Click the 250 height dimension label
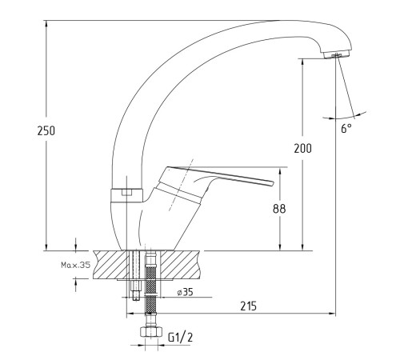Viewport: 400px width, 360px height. [x=46, y=130]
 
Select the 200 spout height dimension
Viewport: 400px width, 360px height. [x=302, y=148]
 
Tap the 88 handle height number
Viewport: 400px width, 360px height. [x=279, y=209]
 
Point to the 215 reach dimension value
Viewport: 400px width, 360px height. [x=249, y=306]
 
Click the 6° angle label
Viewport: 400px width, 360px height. [x=346, y=129]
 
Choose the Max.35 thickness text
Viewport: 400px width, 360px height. [x=76, y=265]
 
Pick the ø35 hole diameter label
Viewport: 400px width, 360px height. [x=185, y=292]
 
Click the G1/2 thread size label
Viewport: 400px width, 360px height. [x=180, y=338]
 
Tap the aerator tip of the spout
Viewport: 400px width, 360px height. [x=337, y=54]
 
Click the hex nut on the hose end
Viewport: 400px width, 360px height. [x=151, y=332]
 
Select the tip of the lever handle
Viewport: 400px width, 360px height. [x=272, y=183]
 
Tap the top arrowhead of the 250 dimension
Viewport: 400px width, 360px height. [x=46, y=23]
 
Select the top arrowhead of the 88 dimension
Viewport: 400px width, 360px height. [x=280, y=171]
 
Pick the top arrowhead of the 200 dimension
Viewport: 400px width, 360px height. [x=302, y=62]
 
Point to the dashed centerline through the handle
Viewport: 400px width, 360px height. [x=181, y=185]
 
